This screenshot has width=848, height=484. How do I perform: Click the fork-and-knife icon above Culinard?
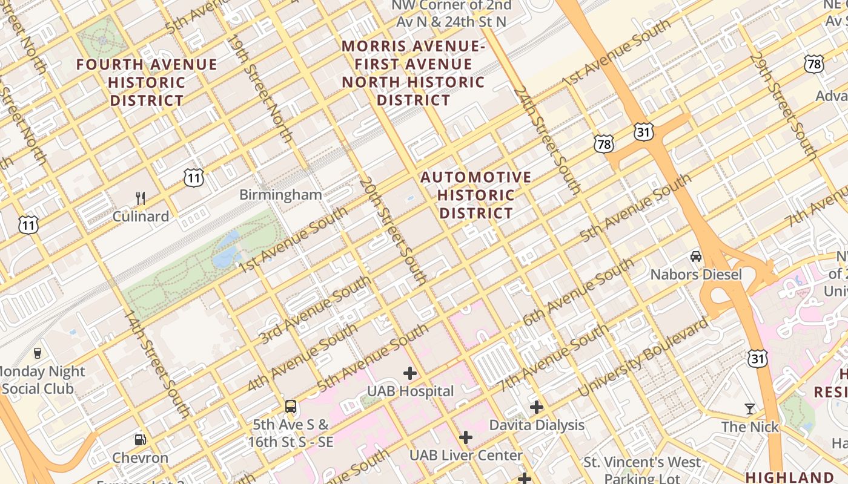[x=141, y=198]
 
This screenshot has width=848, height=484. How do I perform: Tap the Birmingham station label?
[x=280, y=195]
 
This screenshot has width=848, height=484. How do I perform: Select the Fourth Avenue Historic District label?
[x=147, y=82]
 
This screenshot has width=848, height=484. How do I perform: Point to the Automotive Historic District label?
[x=476, y=195]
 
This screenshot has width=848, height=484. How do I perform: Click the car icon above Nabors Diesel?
[x=696, y=257]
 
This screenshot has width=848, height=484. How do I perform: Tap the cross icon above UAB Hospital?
[x=410, y=373]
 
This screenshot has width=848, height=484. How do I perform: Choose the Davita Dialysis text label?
[x=537, y=425]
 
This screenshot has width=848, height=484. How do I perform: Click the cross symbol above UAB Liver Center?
[x=465, y=437]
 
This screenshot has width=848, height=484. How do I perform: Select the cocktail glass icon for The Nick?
[x=750, y=409]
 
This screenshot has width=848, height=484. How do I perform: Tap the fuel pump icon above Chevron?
[x=140, y=439]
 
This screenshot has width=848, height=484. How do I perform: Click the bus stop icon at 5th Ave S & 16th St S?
[x=291, y=406]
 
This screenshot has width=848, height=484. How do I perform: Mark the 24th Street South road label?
[x=547, y=140]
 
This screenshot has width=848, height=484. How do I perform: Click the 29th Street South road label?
[x=783, y=106]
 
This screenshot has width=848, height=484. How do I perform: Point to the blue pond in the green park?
[x=226, y=249]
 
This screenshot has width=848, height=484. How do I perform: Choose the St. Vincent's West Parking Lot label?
[x=642, y=470]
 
